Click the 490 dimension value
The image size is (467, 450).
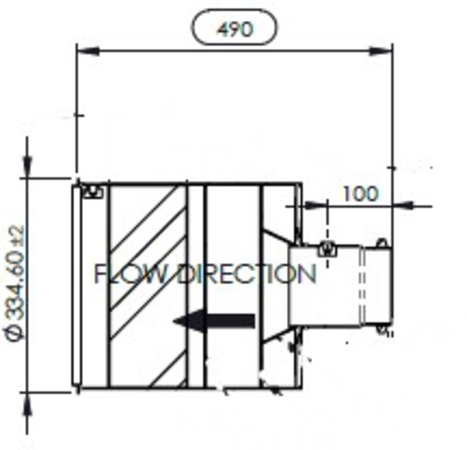click(234, 29)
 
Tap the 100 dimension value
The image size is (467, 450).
click(360, 193)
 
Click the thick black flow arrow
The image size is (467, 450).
click(214, 321)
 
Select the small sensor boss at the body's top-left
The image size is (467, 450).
click(92, 191)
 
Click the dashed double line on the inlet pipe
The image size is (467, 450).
click(361, 285)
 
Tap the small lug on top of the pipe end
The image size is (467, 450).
click(381, 243)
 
